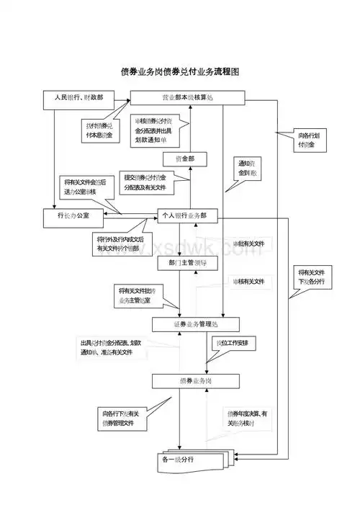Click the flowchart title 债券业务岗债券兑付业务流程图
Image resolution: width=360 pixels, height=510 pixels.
179,73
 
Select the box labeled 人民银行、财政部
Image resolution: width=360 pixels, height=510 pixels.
73,97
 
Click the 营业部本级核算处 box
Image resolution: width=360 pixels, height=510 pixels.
188,97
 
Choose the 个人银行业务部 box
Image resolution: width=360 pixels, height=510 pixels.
187,215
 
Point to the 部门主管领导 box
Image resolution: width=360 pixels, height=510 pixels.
187,263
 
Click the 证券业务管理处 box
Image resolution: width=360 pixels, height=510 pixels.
195,324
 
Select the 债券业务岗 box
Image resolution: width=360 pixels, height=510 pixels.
195,380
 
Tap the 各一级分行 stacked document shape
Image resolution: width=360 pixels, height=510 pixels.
189,459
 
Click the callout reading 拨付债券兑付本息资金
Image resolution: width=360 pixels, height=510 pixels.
99,130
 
